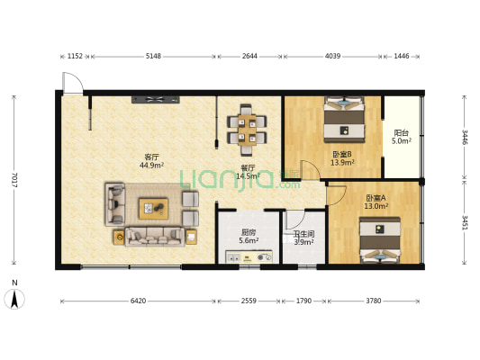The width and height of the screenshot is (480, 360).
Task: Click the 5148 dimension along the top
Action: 153,57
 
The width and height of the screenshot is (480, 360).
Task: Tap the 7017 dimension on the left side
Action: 14,180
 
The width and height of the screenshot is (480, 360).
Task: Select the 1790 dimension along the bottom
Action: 303,301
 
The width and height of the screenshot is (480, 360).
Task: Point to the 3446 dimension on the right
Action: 465,138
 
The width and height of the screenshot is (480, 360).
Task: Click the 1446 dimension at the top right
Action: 402,57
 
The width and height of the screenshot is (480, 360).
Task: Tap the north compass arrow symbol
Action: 14,299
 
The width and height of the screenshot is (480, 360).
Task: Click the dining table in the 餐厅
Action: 247,130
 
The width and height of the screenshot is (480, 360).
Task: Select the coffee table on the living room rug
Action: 153,209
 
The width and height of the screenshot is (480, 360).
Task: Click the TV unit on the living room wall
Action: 156,99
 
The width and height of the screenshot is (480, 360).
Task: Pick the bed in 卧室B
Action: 344,120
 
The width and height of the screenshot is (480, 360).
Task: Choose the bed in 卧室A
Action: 380,240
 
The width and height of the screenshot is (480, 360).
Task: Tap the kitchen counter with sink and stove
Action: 249,256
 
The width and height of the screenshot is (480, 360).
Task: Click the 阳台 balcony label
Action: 402,133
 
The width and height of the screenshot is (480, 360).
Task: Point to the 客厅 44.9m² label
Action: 151,161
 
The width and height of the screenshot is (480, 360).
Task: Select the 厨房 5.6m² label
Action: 249,237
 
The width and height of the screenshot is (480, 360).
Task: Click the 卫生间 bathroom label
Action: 303,234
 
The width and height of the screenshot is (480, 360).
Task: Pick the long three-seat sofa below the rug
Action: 155,237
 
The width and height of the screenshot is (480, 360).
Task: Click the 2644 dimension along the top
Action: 249,57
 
